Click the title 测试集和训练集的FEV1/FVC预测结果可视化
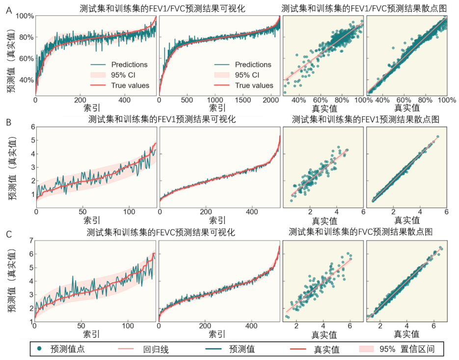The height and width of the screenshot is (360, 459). [162, 8]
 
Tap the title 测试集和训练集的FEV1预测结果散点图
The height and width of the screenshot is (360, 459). [365, 119]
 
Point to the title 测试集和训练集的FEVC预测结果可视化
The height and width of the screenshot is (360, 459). [161, 232]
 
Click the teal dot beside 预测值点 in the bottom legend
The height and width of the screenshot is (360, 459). [40, 349]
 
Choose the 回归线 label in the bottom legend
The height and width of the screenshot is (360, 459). [156, 350]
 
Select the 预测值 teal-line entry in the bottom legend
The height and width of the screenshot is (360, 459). [242, 349]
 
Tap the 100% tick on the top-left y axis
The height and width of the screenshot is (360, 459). [25, 16]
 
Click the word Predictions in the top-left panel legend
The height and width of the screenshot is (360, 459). [129, 64]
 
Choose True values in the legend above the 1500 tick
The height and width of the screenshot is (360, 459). [254, 85]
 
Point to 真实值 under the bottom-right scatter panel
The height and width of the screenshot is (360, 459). [407, 334]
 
